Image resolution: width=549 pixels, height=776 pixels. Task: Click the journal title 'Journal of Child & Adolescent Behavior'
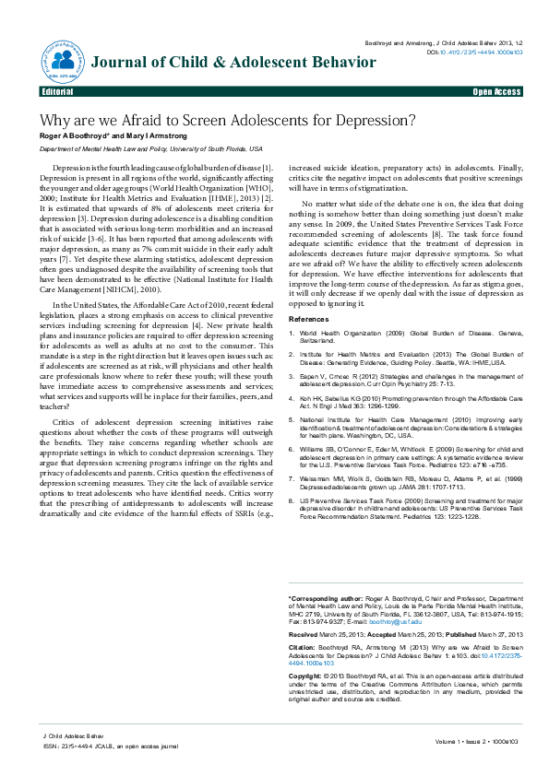click(x=233, y=62)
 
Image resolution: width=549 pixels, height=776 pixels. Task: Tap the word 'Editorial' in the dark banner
click(x=57, y=93)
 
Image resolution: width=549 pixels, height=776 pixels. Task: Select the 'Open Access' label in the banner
click(x=496, y=93)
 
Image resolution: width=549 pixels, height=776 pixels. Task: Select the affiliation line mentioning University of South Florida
click(x=150, y=148)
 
